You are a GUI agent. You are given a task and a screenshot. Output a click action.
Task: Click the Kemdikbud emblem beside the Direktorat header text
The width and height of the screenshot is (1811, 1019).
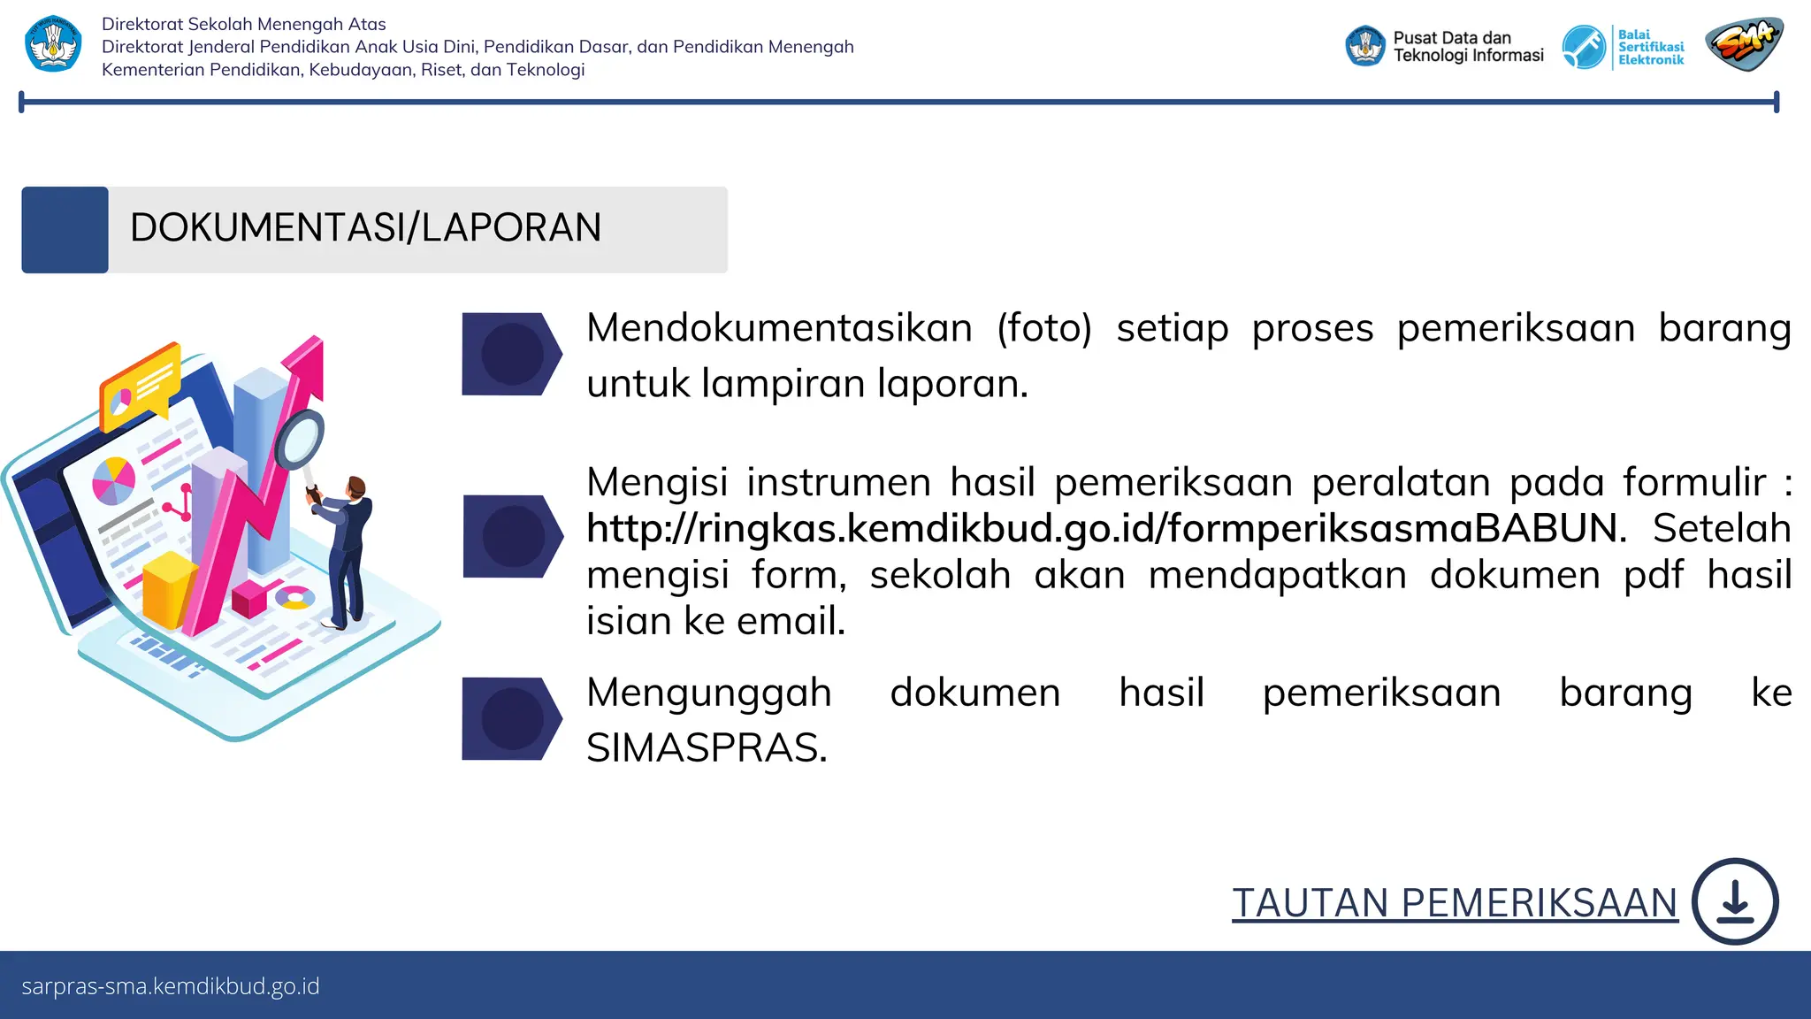pyautogui.click(x=53, y=44)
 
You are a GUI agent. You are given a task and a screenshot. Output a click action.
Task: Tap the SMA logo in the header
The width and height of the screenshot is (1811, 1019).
pyautogui.click(x=1744, y=44)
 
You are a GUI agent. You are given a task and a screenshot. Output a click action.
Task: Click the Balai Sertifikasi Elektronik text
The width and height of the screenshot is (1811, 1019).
pyautogui.click(x=1650, y=47)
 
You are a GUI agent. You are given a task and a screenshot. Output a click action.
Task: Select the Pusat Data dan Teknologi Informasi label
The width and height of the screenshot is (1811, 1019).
pyautogui.click(x=1468, y=47)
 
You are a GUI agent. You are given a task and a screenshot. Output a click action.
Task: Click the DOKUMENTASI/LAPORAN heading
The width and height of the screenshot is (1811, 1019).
pyautogui.click(x=365, y=228)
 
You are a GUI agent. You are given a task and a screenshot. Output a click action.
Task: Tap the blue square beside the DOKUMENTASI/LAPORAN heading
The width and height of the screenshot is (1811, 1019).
pyautogui.click(x=65, y=230)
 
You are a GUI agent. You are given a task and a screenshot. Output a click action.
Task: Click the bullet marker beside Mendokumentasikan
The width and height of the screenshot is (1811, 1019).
pyautogui.click(x=511, y=354)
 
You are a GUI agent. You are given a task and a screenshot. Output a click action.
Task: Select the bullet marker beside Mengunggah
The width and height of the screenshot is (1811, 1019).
pyautogui.click(x=511, y=718)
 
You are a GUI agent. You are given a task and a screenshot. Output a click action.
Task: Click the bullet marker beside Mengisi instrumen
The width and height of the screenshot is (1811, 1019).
pyautogui.click(x=512, y=536)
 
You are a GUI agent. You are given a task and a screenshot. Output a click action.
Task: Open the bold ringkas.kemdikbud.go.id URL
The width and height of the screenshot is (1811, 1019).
pyautogui.click(x=1105, y=529)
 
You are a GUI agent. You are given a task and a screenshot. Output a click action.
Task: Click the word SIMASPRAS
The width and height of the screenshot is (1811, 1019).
pyautogui.click(x=707, y=748)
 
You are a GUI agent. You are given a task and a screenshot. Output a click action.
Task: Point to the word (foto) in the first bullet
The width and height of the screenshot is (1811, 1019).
pyautogui.click(x=1044, y=328)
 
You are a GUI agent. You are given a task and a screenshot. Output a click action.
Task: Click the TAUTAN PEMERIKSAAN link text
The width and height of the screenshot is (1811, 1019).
pyautogui.click(x=1455, y=903)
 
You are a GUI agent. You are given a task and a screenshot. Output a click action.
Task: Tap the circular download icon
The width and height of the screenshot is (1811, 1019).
pyautogui.click(x=1735, y=901)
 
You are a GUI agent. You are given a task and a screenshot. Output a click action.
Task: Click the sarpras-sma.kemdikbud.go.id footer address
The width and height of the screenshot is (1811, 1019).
pyautogui.click(x=171, y=986)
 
